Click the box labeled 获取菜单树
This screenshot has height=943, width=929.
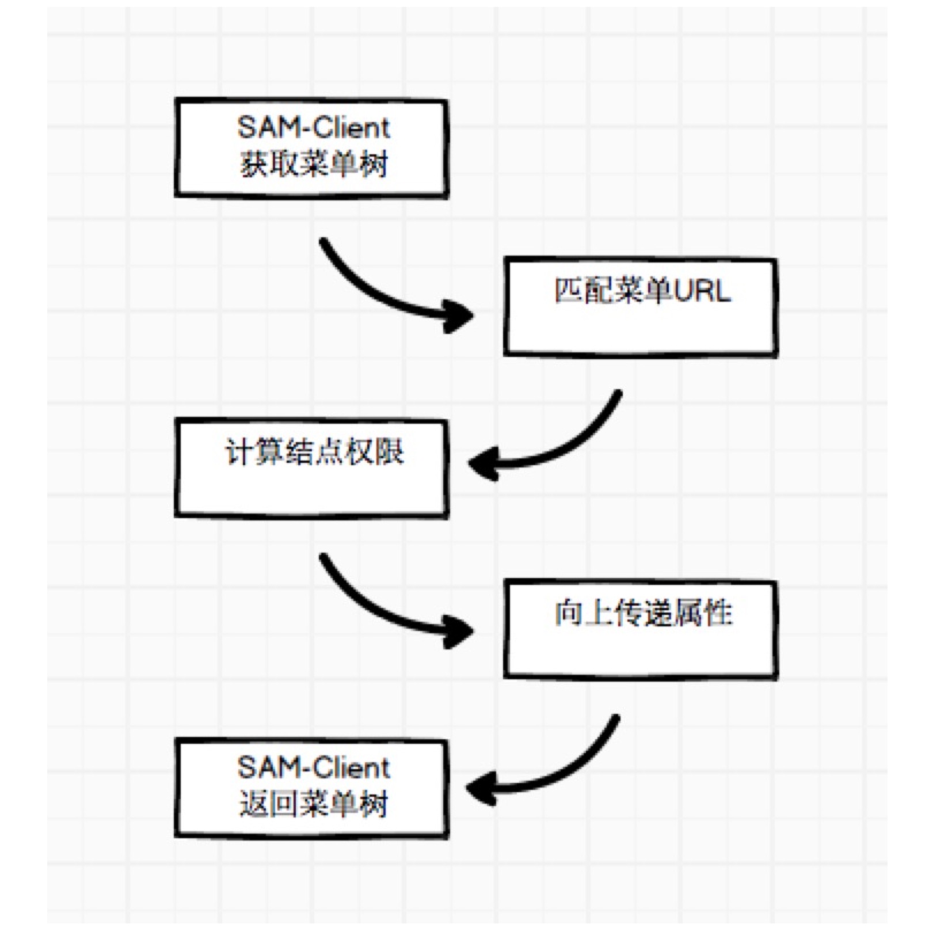(x=311, y=148)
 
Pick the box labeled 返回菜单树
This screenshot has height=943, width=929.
(x=311, y=788)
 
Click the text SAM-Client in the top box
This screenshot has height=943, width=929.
(x=314, y=127)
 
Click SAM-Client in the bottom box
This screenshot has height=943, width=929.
(x=314, y=767)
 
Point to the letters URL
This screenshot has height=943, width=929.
(x=702, y=291)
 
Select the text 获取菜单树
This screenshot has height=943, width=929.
(x=314, y=164)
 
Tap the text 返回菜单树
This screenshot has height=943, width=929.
(x=314, y=804)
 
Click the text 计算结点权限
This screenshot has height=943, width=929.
(x=314, y=452)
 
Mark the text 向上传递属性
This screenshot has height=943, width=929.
(x=643, y=613)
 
